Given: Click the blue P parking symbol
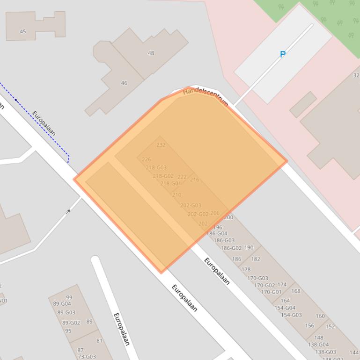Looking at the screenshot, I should [283, 54].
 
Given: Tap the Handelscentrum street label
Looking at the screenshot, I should [206, 97].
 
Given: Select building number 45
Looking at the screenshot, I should [23, 32].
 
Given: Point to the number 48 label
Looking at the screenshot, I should [151, 53].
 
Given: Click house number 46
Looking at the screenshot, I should [124, 83].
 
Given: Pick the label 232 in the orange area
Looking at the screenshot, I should [161, 145].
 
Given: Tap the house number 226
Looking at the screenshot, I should [146, 159].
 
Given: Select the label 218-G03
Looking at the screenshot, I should [156, 167].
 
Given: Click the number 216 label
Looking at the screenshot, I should [195, 180].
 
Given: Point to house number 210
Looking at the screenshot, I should [176, 195].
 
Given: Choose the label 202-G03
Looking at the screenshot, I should [191, 205].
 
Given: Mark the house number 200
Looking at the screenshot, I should [228, 217].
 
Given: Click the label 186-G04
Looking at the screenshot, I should [217, 233].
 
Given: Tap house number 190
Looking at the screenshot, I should [249, 248].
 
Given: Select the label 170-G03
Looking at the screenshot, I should [257, 278].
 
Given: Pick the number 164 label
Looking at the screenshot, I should [285, 301].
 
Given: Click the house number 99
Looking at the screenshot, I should [69, 297].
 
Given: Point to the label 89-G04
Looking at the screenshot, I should [62, 304].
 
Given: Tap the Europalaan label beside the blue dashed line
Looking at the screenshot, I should [44, 123].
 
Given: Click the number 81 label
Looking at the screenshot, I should [99, 341].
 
